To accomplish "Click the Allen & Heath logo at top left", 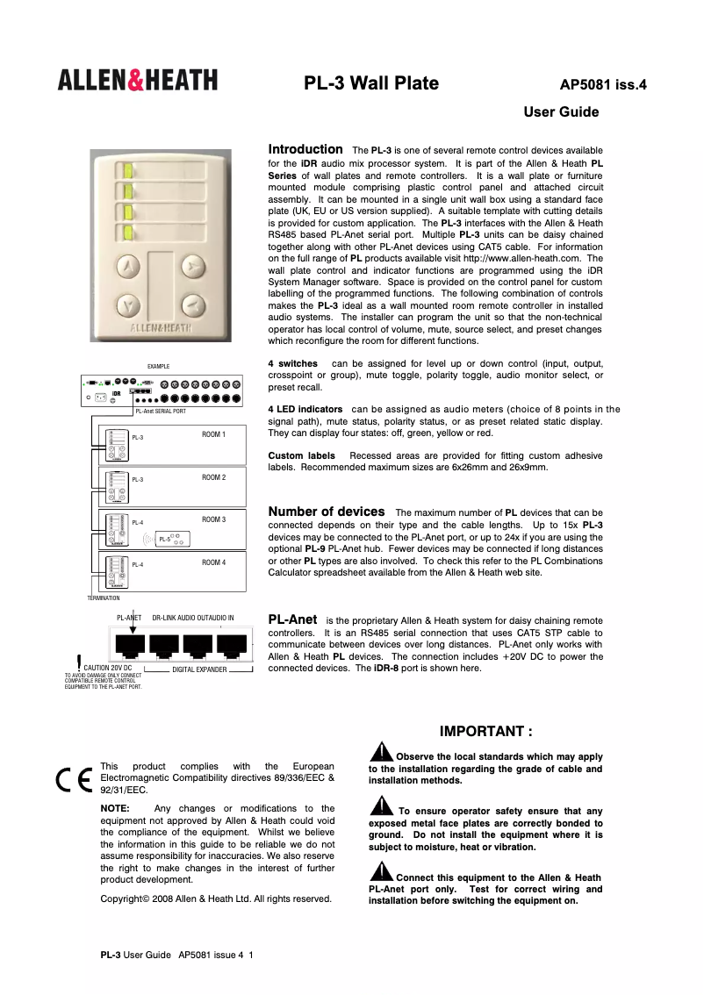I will click(x=138, y=82).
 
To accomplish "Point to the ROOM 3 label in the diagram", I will click(x=213, y=519).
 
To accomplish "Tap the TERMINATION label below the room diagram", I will click(x=103, y=598).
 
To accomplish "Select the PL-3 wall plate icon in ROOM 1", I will click(x=116, y=445).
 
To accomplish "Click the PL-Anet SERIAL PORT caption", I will click(x=160, y=411).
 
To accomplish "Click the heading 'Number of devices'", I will click(x=326, y=512).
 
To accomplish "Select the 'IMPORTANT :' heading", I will click(x=485, y=732).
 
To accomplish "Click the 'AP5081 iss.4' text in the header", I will click(x=603, y=86).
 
